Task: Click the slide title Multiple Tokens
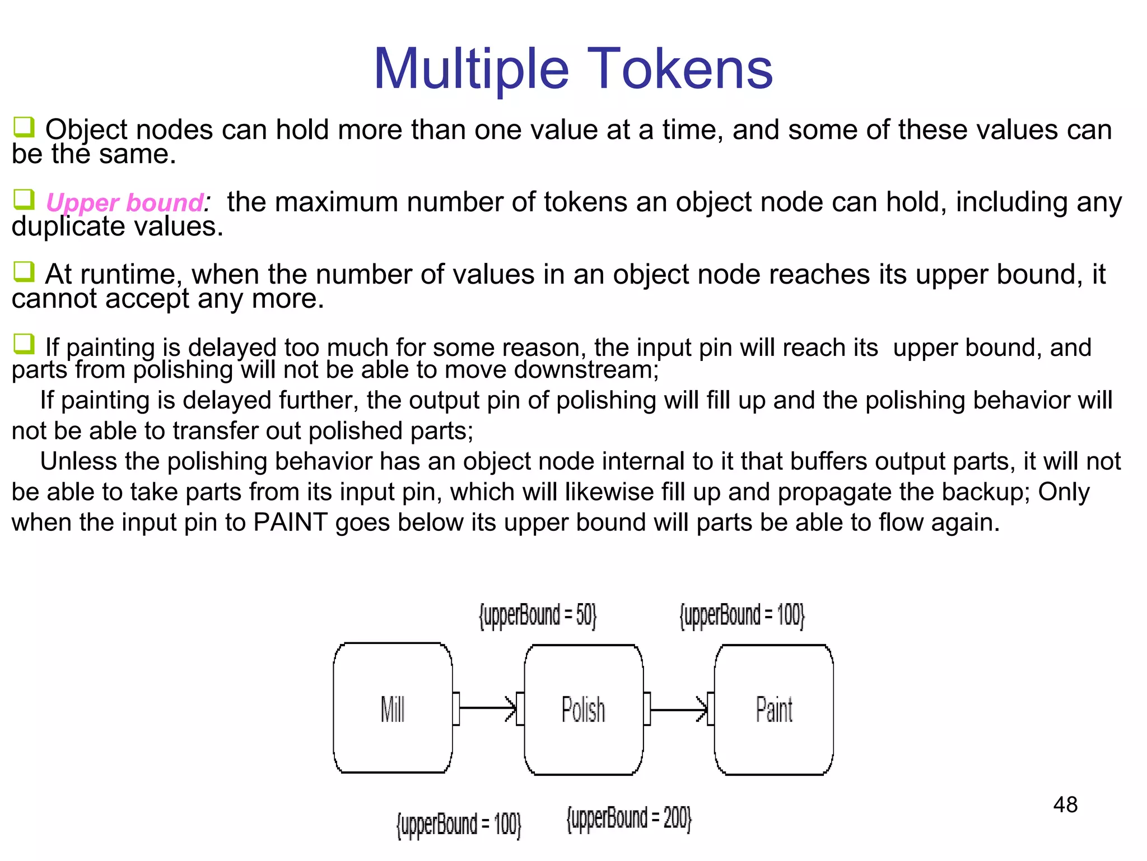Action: (573, 68)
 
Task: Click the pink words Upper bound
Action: (125, 202)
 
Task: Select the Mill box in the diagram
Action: (393, 708)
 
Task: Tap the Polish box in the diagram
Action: (583, 710)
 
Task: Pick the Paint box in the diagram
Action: (773, 710)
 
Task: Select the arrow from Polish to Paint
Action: (678, 710)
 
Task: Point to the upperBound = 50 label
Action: (538, 615)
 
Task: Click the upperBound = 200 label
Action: (629, 818)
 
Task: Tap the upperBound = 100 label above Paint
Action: (742, 615)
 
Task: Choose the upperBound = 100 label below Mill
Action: (459, 825)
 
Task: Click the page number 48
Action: (1065, 805)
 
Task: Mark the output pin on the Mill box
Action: (456, 709)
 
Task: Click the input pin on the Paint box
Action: (711, 709)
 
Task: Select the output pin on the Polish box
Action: (647, 709)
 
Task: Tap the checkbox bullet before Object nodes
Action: (24, 127)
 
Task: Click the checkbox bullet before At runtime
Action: (24, 272)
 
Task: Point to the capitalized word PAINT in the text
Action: (290, 522)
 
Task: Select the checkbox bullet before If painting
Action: (24, 344)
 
